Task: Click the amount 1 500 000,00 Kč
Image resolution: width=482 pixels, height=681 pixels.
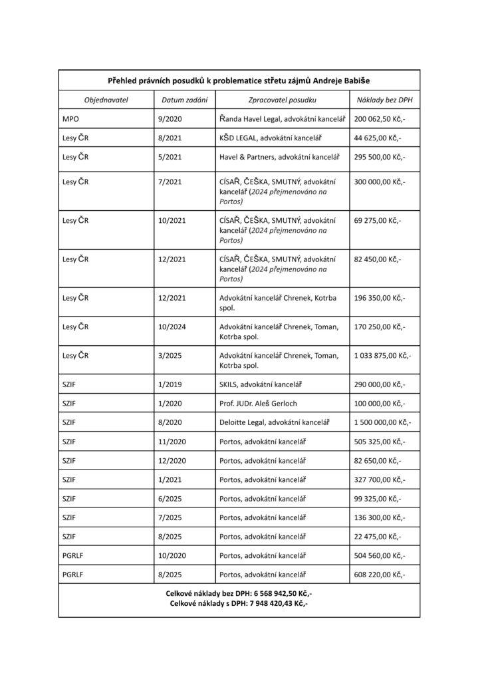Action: coord(382,422)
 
